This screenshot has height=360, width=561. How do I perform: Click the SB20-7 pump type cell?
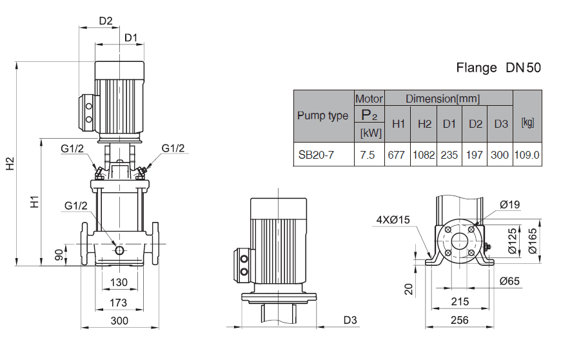pos(316,155)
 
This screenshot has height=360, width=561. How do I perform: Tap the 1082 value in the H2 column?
pos(424,155)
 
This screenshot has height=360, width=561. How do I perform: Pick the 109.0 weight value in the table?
pos(527,155)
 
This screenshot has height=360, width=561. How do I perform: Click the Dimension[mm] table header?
pos(442,99)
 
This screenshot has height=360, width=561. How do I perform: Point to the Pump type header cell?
pos(322,116)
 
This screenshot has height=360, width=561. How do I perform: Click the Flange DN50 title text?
pos(498,68)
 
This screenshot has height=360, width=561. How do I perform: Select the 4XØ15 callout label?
pos(393,220)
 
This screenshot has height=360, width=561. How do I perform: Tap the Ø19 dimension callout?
pos(509,205)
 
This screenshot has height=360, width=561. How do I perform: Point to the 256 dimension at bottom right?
pos(460,321)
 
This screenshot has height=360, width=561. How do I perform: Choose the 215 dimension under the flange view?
pos(459,302)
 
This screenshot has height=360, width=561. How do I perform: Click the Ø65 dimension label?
pos(509,281)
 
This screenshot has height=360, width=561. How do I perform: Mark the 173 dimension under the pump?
pos(119,302)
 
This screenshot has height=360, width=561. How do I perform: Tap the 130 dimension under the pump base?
pos(119,282)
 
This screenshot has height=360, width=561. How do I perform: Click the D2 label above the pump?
pos(106,21)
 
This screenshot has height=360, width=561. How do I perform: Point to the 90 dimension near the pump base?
pos(59,255)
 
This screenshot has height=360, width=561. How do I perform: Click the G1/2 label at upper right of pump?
pos(173,148)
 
